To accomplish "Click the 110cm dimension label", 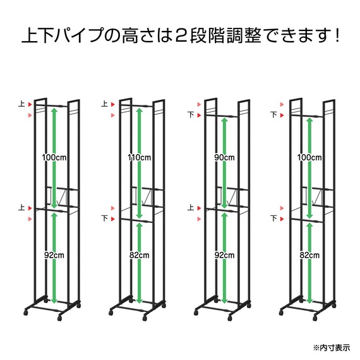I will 138,157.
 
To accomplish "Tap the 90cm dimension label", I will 225,157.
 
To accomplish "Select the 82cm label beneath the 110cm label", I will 138,255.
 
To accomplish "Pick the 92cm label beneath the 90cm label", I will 225,255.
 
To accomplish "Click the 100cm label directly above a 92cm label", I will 54,157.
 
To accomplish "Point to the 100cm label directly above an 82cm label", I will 309,157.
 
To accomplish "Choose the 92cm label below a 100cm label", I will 54,255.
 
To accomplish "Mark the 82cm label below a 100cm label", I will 309,255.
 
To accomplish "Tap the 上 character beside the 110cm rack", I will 104,104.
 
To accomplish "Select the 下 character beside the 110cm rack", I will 104,219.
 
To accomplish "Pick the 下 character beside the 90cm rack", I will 190,115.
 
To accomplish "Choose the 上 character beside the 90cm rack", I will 190,207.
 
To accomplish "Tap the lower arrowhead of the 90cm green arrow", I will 225,204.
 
